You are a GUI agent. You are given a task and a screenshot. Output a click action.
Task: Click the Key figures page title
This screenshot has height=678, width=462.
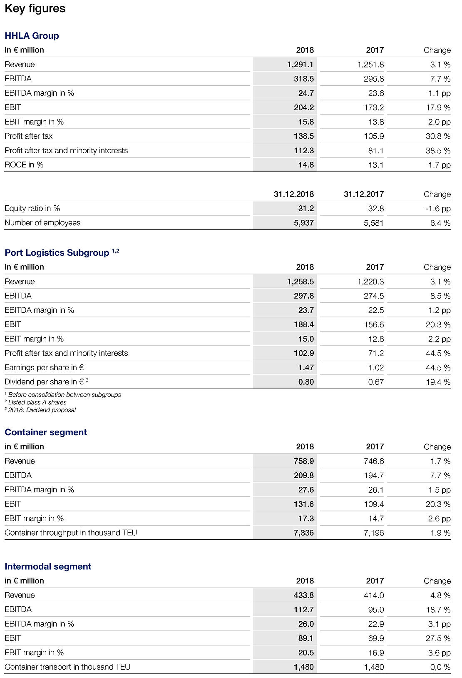(35, 9)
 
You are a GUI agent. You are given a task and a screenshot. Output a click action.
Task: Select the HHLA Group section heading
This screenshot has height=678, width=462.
(32, 36)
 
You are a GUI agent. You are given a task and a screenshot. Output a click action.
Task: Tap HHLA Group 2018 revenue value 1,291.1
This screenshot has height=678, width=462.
(300, 65)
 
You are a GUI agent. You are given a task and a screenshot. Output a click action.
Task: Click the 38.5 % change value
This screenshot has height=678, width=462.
(438, 151)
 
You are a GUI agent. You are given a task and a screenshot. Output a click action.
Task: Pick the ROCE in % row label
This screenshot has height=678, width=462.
(24, 165)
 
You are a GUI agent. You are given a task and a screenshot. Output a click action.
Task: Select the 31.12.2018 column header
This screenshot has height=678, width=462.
(294, 194)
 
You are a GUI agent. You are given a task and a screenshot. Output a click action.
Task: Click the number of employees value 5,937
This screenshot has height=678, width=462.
(304, 223)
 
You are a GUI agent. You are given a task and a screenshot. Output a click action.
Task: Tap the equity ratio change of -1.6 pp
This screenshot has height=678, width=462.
(438, 209)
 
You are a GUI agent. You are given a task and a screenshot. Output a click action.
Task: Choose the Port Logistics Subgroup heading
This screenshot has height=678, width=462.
(57, 253)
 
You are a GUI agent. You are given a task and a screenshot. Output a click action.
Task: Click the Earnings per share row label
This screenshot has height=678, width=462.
(44, 368)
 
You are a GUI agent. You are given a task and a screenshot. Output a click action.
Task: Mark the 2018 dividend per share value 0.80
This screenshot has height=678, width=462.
(306, 382)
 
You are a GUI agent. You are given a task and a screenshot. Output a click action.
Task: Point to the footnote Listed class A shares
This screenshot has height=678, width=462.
(37, 402)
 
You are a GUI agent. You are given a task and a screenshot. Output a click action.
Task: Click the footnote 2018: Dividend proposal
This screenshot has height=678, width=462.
(42, 410)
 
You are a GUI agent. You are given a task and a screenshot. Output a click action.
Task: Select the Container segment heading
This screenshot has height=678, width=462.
(46, 432)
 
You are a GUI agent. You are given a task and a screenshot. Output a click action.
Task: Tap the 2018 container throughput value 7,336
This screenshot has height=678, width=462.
(304, 533)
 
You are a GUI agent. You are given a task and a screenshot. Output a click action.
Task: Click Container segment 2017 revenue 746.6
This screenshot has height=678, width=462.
(374, 461)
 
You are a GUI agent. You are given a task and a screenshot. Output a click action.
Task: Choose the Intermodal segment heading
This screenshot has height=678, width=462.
(48, 566)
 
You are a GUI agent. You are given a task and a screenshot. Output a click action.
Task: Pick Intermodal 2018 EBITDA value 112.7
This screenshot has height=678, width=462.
(304, 610)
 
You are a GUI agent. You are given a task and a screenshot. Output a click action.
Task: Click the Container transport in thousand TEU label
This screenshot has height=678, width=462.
(67, 667)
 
